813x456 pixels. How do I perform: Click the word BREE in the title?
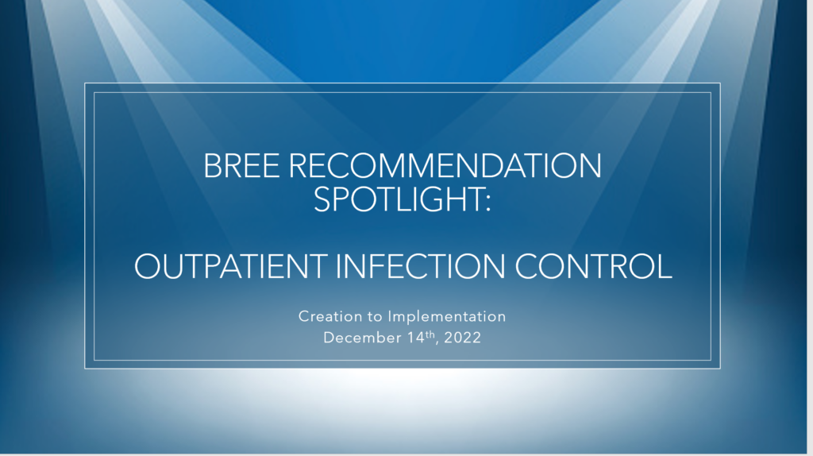[241, 166]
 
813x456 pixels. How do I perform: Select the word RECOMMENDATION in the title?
[445, 166]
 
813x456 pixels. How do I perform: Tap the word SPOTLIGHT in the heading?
[399, 199]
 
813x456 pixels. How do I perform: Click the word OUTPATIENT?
[231, 267]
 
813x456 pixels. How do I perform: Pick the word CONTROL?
[593, 267]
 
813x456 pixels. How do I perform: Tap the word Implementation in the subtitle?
[447, 317]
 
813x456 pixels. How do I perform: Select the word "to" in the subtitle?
[375, 317]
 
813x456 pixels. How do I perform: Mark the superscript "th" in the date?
[430, 334]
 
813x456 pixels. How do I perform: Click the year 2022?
[463, 338]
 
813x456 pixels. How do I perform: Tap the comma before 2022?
[438, 343]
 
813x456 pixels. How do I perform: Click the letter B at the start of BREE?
[212, 166]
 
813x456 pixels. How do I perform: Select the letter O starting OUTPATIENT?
[147, 267]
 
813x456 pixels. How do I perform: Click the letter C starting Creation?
[304, 316]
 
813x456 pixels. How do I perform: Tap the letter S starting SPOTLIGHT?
[322, 199]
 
